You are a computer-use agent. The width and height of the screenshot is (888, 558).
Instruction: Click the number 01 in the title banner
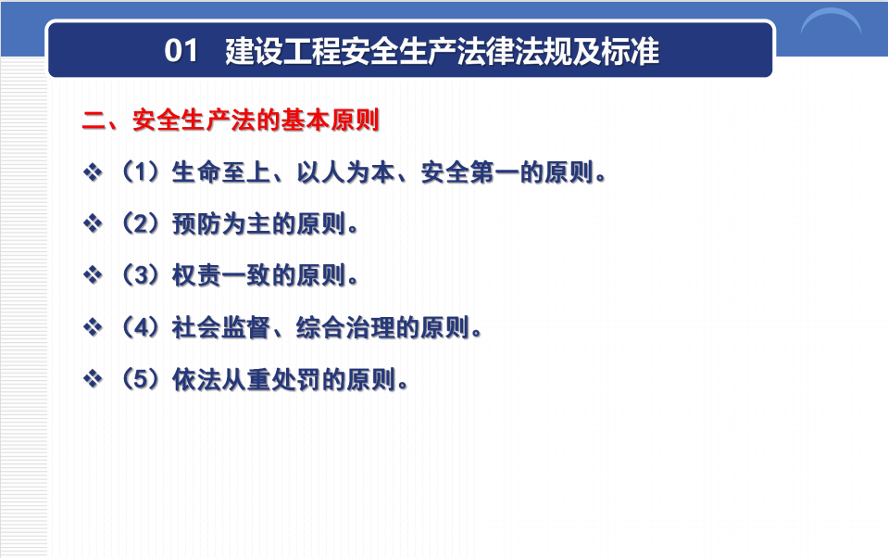pyautogui.click(x=181, y=50)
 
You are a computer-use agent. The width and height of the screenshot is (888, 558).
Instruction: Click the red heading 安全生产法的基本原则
pyautogui.click(x=256, y=120)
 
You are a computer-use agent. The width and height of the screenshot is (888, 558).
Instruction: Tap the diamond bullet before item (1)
pyautogui.click(x=93, y=171)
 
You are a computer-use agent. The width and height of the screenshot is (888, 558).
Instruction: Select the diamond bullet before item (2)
pyautogui.click(x=93, y=223)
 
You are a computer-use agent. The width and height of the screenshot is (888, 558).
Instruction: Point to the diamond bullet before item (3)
pyautogui.click(x=93, y=275)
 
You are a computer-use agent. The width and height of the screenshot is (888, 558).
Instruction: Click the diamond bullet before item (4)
pyautogui.click(x=93, y=327)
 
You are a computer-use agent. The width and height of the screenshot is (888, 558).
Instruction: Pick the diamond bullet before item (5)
pyautogui.click(x=93, y=379)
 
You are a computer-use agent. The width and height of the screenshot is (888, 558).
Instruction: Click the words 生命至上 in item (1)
pyautogui.click(x=221, y=171)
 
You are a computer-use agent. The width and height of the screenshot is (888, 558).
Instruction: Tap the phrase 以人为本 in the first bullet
pyautogui.click(x=345, y=171)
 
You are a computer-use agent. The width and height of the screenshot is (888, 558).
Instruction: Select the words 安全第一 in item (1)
pyautogui.click(x=469, y=171)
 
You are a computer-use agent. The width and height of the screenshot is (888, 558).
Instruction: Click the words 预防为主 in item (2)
pyautogui.click(x=221, y=224)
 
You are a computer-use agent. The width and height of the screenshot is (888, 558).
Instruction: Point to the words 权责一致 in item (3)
pyautogui.click(x=221, y=275)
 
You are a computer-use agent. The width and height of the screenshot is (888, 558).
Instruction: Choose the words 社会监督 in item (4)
pyautogui.click(x=221, y=327)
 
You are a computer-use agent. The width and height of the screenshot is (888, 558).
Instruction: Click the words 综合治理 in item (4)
pyautogui.click(x=345, y=327)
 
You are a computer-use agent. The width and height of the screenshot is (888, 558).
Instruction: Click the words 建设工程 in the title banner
pyautogui.click(x=283, y=51)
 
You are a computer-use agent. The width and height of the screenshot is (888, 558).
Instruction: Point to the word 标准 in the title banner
pyautogui.click(x=631, y=51)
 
